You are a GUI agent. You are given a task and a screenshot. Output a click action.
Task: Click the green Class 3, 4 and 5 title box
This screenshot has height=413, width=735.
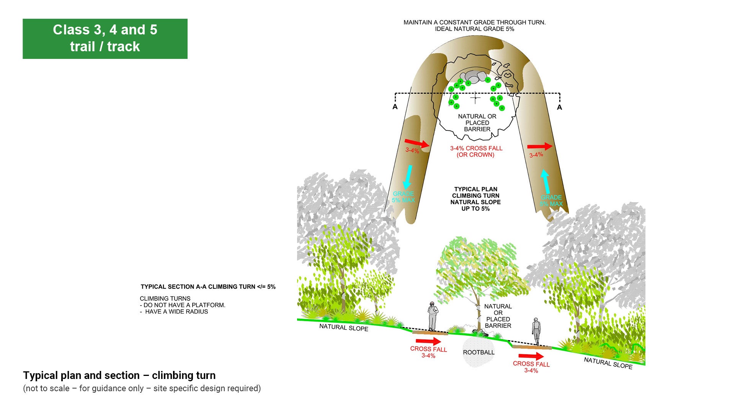105,39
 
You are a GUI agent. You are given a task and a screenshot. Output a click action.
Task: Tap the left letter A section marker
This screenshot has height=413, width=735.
395,107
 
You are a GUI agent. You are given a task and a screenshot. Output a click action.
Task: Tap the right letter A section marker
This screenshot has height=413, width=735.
559,107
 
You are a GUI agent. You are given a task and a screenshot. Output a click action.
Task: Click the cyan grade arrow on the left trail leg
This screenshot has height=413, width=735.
408,177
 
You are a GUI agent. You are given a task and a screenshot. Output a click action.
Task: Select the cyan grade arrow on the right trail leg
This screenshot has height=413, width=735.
546,182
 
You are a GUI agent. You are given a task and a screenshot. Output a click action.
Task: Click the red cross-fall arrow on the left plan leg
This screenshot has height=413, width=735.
417,143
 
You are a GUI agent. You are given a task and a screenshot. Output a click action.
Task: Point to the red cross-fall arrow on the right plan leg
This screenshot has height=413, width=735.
540,146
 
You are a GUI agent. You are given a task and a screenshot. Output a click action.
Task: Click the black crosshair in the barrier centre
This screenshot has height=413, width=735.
475,98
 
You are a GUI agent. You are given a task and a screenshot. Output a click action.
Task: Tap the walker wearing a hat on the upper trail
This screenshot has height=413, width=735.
432,316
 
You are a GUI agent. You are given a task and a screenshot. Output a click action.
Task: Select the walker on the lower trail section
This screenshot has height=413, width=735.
536,331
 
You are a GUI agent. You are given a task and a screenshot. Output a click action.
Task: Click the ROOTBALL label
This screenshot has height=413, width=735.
479,352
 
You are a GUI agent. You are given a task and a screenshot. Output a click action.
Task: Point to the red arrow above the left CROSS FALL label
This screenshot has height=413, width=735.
428,341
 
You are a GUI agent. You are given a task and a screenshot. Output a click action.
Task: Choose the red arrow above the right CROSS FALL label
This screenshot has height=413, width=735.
531,356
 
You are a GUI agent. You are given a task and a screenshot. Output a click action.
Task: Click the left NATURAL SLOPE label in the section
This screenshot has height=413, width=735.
343,327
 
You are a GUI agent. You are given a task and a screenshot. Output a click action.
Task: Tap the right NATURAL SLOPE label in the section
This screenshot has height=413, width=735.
608,363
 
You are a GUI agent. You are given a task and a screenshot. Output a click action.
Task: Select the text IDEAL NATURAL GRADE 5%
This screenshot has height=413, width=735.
474,29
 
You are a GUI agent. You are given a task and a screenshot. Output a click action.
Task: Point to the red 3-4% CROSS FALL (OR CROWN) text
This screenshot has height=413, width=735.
476,151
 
